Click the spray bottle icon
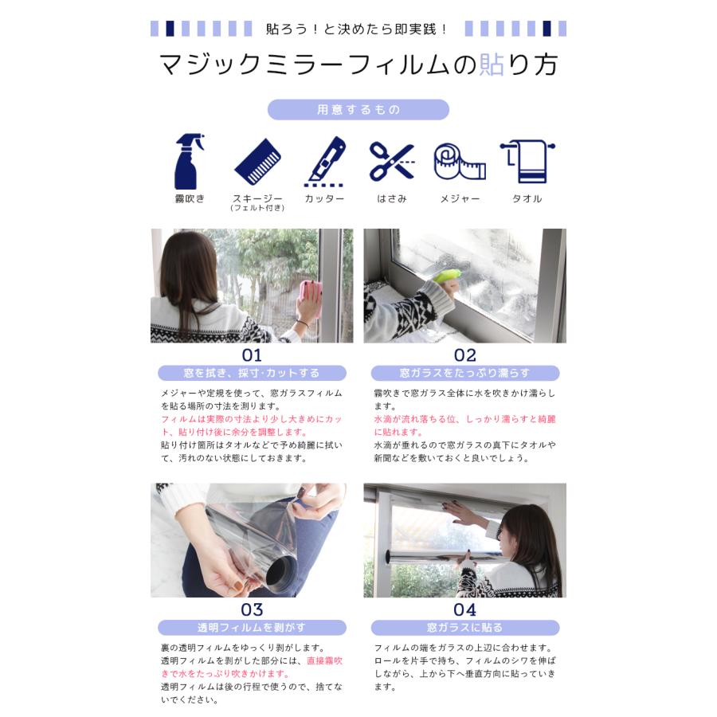pyautogui.click(x=189, y=161)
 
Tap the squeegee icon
pyautogui.click(x=257, y=162)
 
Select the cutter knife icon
pyautogui.click(x=326, y=162)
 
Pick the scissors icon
pyautogui.click(x=392, y=162)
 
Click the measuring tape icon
pyautogui.click(x=460, y=162)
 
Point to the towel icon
pyautogui.click(x=527, y=162)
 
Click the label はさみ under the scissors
pyautogui.click(x=392, y=198)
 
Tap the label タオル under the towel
pyautogui.click(x=527, y=198)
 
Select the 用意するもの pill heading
pyautogui.click(x=358, y=110)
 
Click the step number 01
pyautogui.click(x=252, y=355)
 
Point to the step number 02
pyautogui.click(x=465, y=355)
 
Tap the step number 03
pyautogui.click(x=252, y=609)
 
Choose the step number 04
pyautogui.click(x=465, y=609)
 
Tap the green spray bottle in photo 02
pyautogui.click(x=446, y=276)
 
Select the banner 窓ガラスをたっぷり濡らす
pyautogui.click(x=465, y=373)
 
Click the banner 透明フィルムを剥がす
pyautogui.click(x=252, y=628)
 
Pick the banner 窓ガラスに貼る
pyautogui.click(x=465, y=628)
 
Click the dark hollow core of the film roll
pyautogui.click(x=280, y=573)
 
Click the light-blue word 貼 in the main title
pyautogui.click(x=492, y=65)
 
